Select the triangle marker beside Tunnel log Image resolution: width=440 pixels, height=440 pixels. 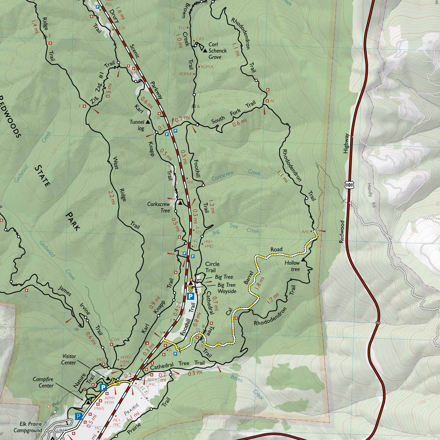[148, 122]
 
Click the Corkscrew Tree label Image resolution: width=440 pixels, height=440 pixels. [158, 207]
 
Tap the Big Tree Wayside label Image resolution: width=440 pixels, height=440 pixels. [226, 288]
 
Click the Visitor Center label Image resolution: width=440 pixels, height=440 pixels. [69, 359]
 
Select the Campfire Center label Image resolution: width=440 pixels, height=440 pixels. [43, 383]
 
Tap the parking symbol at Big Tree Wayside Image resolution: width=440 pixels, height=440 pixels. [191, 296]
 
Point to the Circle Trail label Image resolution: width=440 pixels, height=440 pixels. [212, 267]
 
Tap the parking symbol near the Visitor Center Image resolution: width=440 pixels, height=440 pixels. [103, 387]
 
